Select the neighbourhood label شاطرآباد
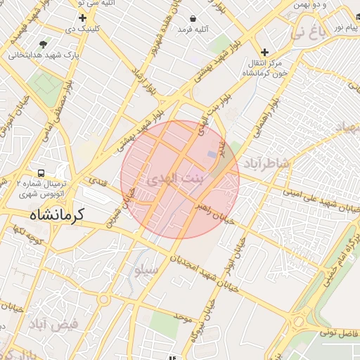click(x=266, y=163)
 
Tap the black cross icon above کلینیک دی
click(x=83, y=18)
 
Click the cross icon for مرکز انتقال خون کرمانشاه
click(x=264, y=52)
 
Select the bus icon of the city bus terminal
click(x=41, y=172)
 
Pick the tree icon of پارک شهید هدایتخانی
click(x=44, y=44)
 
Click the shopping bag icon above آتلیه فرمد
click(x=193, y=18)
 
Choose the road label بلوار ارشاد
click(x=146, y=84)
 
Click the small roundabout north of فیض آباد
click(x=104, y=300)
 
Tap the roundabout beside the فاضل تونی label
click(x=298, y=323)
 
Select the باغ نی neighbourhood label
click(x=309, y=32)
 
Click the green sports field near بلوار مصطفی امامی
click(x=46, y=84)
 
